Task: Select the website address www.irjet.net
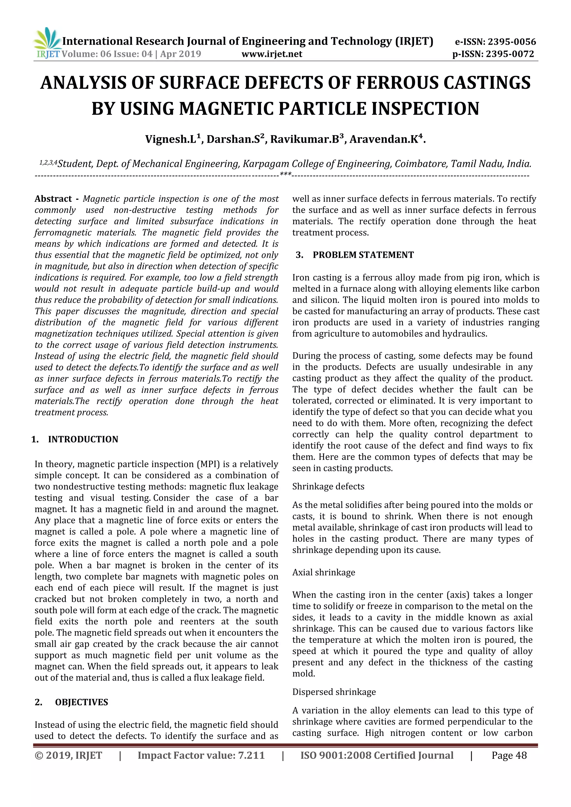[272, 54]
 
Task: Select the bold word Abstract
[53, 199]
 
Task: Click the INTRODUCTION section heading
[83, 439]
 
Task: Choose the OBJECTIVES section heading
[82, 702]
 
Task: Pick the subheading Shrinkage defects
[328, 487]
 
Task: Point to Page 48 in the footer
[509, 755]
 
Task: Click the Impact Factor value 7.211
[251, 755]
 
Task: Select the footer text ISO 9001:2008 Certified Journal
[377, 755]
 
